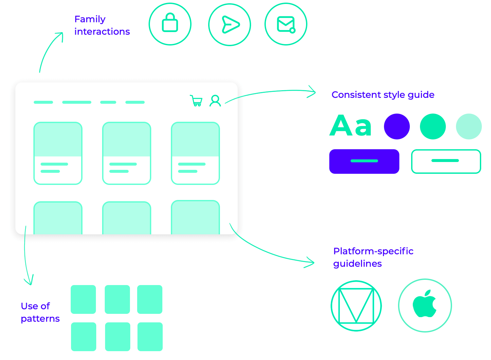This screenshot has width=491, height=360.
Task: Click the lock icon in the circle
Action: (170, 24)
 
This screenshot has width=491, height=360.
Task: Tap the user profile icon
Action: (215, 101)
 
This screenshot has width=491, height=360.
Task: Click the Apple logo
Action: (425, 305)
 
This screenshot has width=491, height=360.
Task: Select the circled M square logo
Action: (356, 306)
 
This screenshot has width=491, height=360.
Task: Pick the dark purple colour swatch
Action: (397, 126)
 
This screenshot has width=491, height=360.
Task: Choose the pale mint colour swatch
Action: (469, 126)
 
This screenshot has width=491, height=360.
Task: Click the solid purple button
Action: (364, 161)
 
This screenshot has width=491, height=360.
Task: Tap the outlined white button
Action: (446, 161)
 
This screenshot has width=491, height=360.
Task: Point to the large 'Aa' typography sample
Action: (351, 126)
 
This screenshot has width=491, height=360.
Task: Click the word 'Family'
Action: (90, 19)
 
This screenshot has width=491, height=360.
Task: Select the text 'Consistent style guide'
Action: (383, 95)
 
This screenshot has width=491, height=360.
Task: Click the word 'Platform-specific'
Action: (373, 251)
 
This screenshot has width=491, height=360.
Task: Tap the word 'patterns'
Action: (40, 319)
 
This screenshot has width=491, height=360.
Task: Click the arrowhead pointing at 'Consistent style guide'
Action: (313, 92)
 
